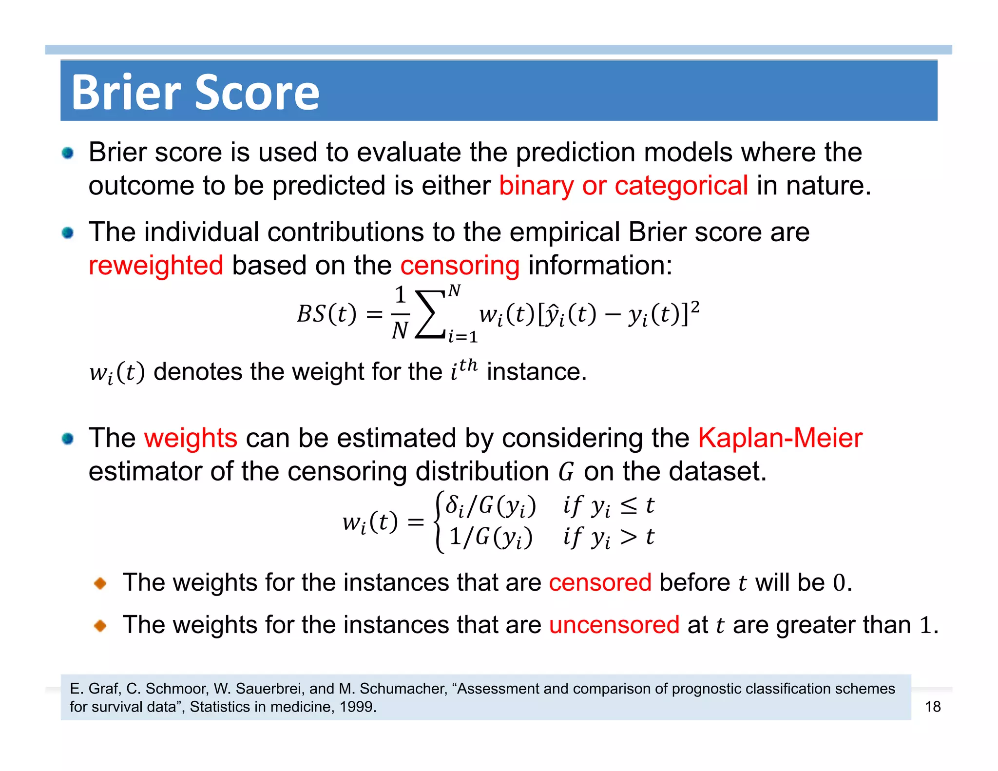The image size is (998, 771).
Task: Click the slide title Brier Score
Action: point(195,92)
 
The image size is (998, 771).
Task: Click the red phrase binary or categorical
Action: point(623,186)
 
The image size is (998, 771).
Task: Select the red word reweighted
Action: point(156,266)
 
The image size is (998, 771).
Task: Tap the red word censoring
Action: point(460,266)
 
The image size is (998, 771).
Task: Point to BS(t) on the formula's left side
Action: point(326,314)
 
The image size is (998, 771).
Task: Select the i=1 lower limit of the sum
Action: point(462,336)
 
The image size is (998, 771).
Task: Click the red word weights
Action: point(191,438)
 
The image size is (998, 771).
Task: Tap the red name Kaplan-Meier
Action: point(780,438)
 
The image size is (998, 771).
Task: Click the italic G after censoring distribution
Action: point(566,472)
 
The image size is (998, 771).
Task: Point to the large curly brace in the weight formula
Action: point(440,521)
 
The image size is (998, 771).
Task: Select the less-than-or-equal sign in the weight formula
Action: point(629,506)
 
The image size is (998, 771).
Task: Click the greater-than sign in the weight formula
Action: point(628,537)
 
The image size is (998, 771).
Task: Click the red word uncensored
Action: point(614,625)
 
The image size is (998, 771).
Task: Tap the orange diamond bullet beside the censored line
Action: point(100,583)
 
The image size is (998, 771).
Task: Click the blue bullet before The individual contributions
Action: point(68,233)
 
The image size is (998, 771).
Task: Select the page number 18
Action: point(932,707)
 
